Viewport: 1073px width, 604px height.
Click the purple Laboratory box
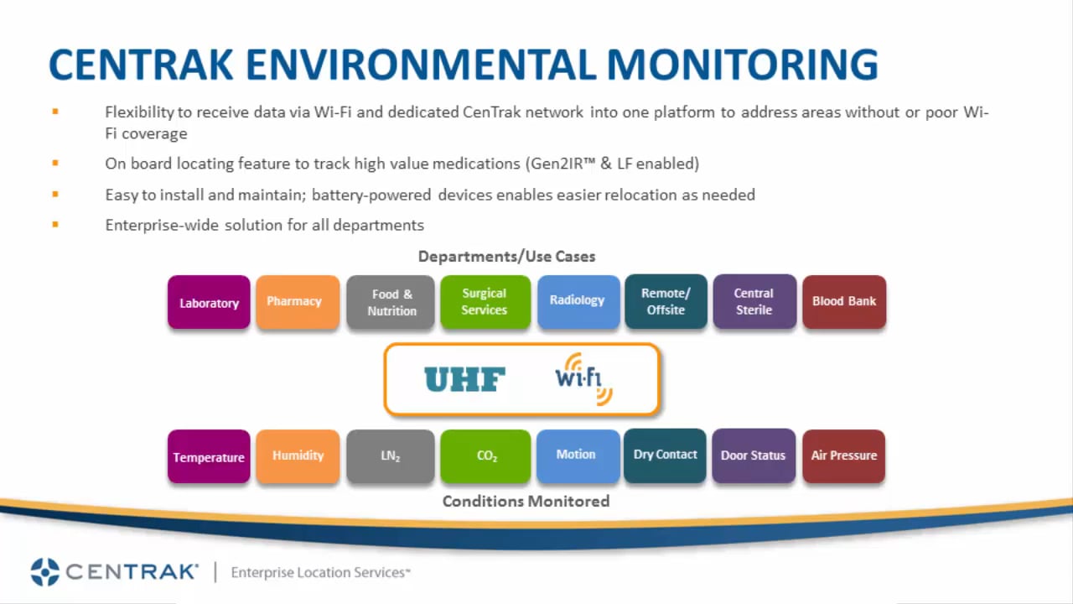[209, 302]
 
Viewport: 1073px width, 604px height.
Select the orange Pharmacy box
[298, 301]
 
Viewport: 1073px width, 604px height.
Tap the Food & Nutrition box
[391, 302]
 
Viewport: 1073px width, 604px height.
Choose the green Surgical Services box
[485, 301]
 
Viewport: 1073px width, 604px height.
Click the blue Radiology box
[578, 301]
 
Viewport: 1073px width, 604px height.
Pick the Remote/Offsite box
[666, 301]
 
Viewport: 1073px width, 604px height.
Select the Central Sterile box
[754, 301]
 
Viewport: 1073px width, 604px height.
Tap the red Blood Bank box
[843, 301]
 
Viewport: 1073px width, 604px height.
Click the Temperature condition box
[209, 456]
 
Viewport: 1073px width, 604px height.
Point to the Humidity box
[298, 456]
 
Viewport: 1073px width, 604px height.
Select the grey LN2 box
[391, 456]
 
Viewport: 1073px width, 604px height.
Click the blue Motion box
[577, 455]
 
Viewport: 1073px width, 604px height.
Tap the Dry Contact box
[665, 455]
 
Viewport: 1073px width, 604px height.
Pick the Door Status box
[753, 456]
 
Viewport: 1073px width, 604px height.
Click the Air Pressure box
[843, 456]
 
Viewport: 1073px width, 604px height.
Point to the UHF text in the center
[464, 380]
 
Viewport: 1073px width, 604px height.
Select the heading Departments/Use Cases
[506, 257]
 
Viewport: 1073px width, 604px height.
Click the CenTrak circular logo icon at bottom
[45, 572]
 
